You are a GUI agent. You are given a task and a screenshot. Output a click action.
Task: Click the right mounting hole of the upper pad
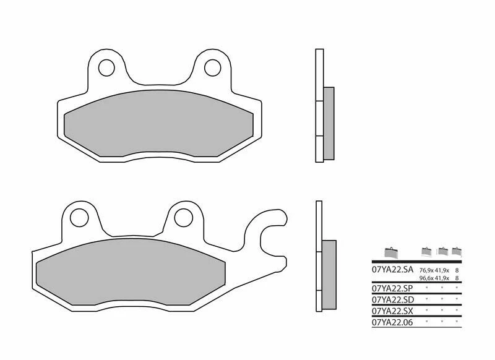(213, 66)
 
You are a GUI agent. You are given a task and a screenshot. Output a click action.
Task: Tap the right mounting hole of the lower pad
(184, 216)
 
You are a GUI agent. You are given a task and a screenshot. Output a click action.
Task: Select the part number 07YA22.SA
(392, 270)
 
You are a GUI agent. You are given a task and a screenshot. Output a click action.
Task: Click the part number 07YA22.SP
(392, 288)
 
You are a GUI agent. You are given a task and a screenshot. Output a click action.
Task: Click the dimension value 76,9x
(427, 271)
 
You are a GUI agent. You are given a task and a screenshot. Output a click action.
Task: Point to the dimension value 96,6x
(427, 279)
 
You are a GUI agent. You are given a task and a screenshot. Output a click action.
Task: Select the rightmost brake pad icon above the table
(457, 252)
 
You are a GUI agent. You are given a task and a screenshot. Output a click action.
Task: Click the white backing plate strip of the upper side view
(319, 105)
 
